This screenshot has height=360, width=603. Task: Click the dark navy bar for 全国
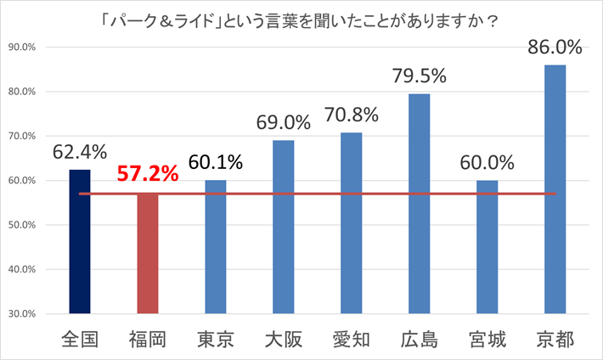80,242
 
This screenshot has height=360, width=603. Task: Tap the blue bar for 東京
216,246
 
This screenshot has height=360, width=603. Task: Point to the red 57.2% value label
147,175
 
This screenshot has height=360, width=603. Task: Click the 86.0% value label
555,48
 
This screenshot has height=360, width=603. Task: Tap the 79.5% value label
419,76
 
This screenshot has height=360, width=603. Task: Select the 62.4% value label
80,152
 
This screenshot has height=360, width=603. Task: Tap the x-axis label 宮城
487,339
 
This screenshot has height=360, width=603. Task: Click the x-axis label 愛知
351,339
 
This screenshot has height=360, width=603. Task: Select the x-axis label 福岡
148,339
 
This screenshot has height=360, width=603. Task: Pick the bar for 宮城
487,246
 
